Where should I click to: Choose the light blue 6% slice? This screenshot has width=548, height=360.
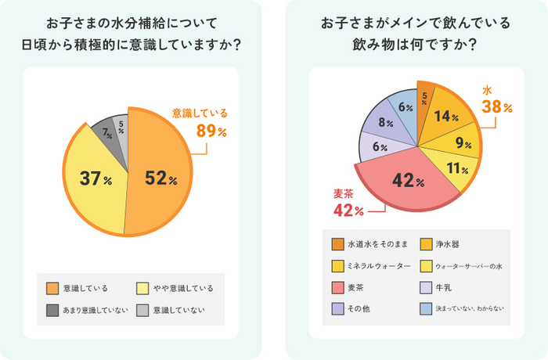405,107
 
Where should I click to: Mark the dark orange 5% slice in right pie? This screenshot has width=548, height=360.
424,98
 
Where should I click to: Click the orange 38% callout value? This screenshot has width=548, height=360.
497,107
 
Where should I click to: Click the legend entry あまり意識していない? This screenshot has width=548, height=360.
95,310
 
